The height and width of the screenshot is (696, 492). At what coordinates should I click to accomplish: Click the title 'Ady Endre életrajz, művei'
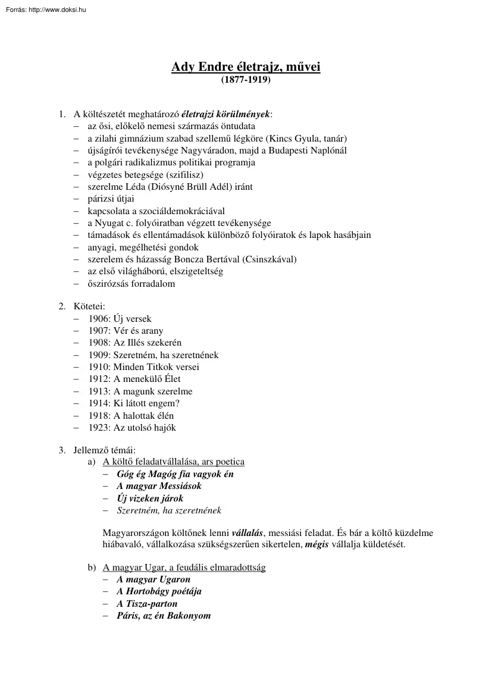point(246,67)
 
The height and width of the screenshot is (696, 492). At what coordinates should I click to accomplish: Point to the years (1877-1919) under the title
point(246,79)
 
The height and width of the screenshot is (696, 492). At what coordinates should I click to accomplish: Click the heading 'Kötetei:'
point(89,306)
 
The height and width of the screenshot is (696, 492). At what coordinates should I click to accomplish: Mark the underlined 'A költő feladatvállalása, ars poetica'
point(174,462)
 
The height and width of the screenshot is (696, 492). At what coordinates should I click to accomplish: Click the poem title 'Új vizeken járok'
point(150,498)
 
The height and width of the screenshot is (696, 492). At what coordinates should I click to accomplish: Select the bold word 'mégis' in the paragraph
point(316,544)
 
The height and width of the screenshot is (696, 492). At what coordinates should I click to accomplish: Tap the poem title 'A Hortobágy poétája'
point(159,591)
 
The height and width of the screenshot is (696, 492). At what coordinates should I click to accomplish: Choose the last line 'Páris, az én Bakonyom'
point(164,616)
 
